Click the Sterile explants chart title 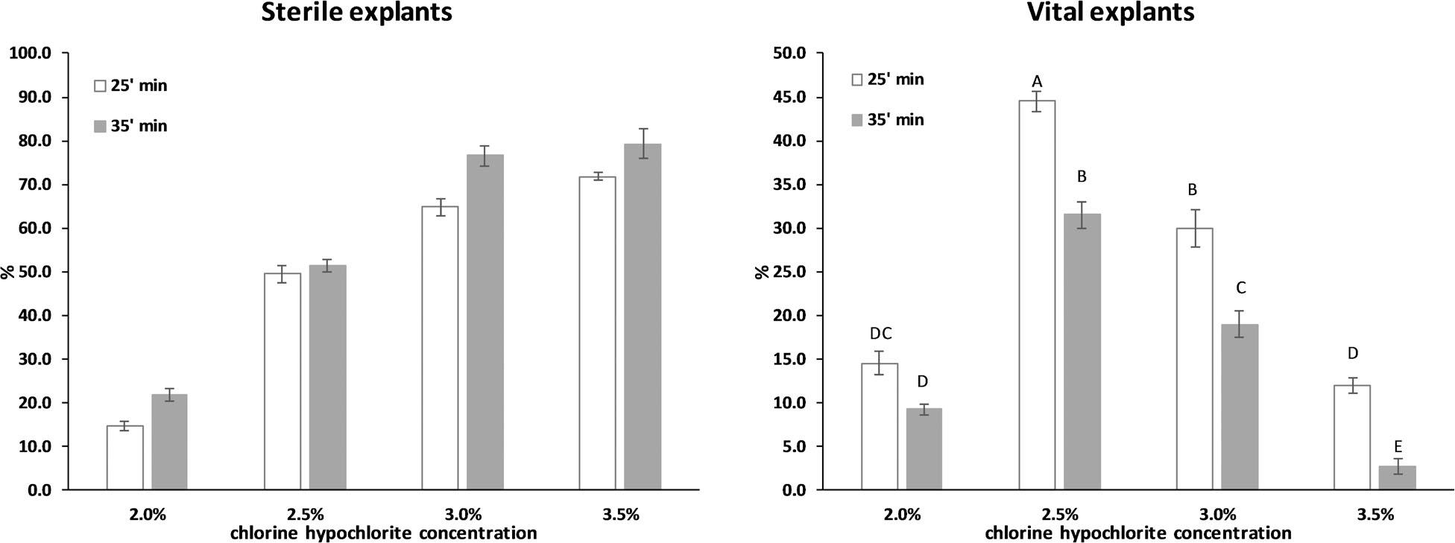[356, 12]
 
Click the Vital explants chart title [1111, 12]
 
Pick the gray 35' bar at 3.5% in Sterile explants [643, 317]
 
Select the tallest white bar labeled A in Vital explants [1037, 295]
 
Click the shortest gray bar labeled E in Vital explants [1398, 478]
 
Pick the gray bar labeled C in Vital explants [1240, 407]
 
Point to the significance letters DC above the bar [880, 334]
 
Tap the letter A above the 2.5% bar [1037, 81]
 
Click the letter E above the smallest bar [1398, 447]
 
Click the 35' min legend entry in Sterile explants [130, 127]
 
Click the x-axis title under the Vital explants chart [1137, 533]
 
